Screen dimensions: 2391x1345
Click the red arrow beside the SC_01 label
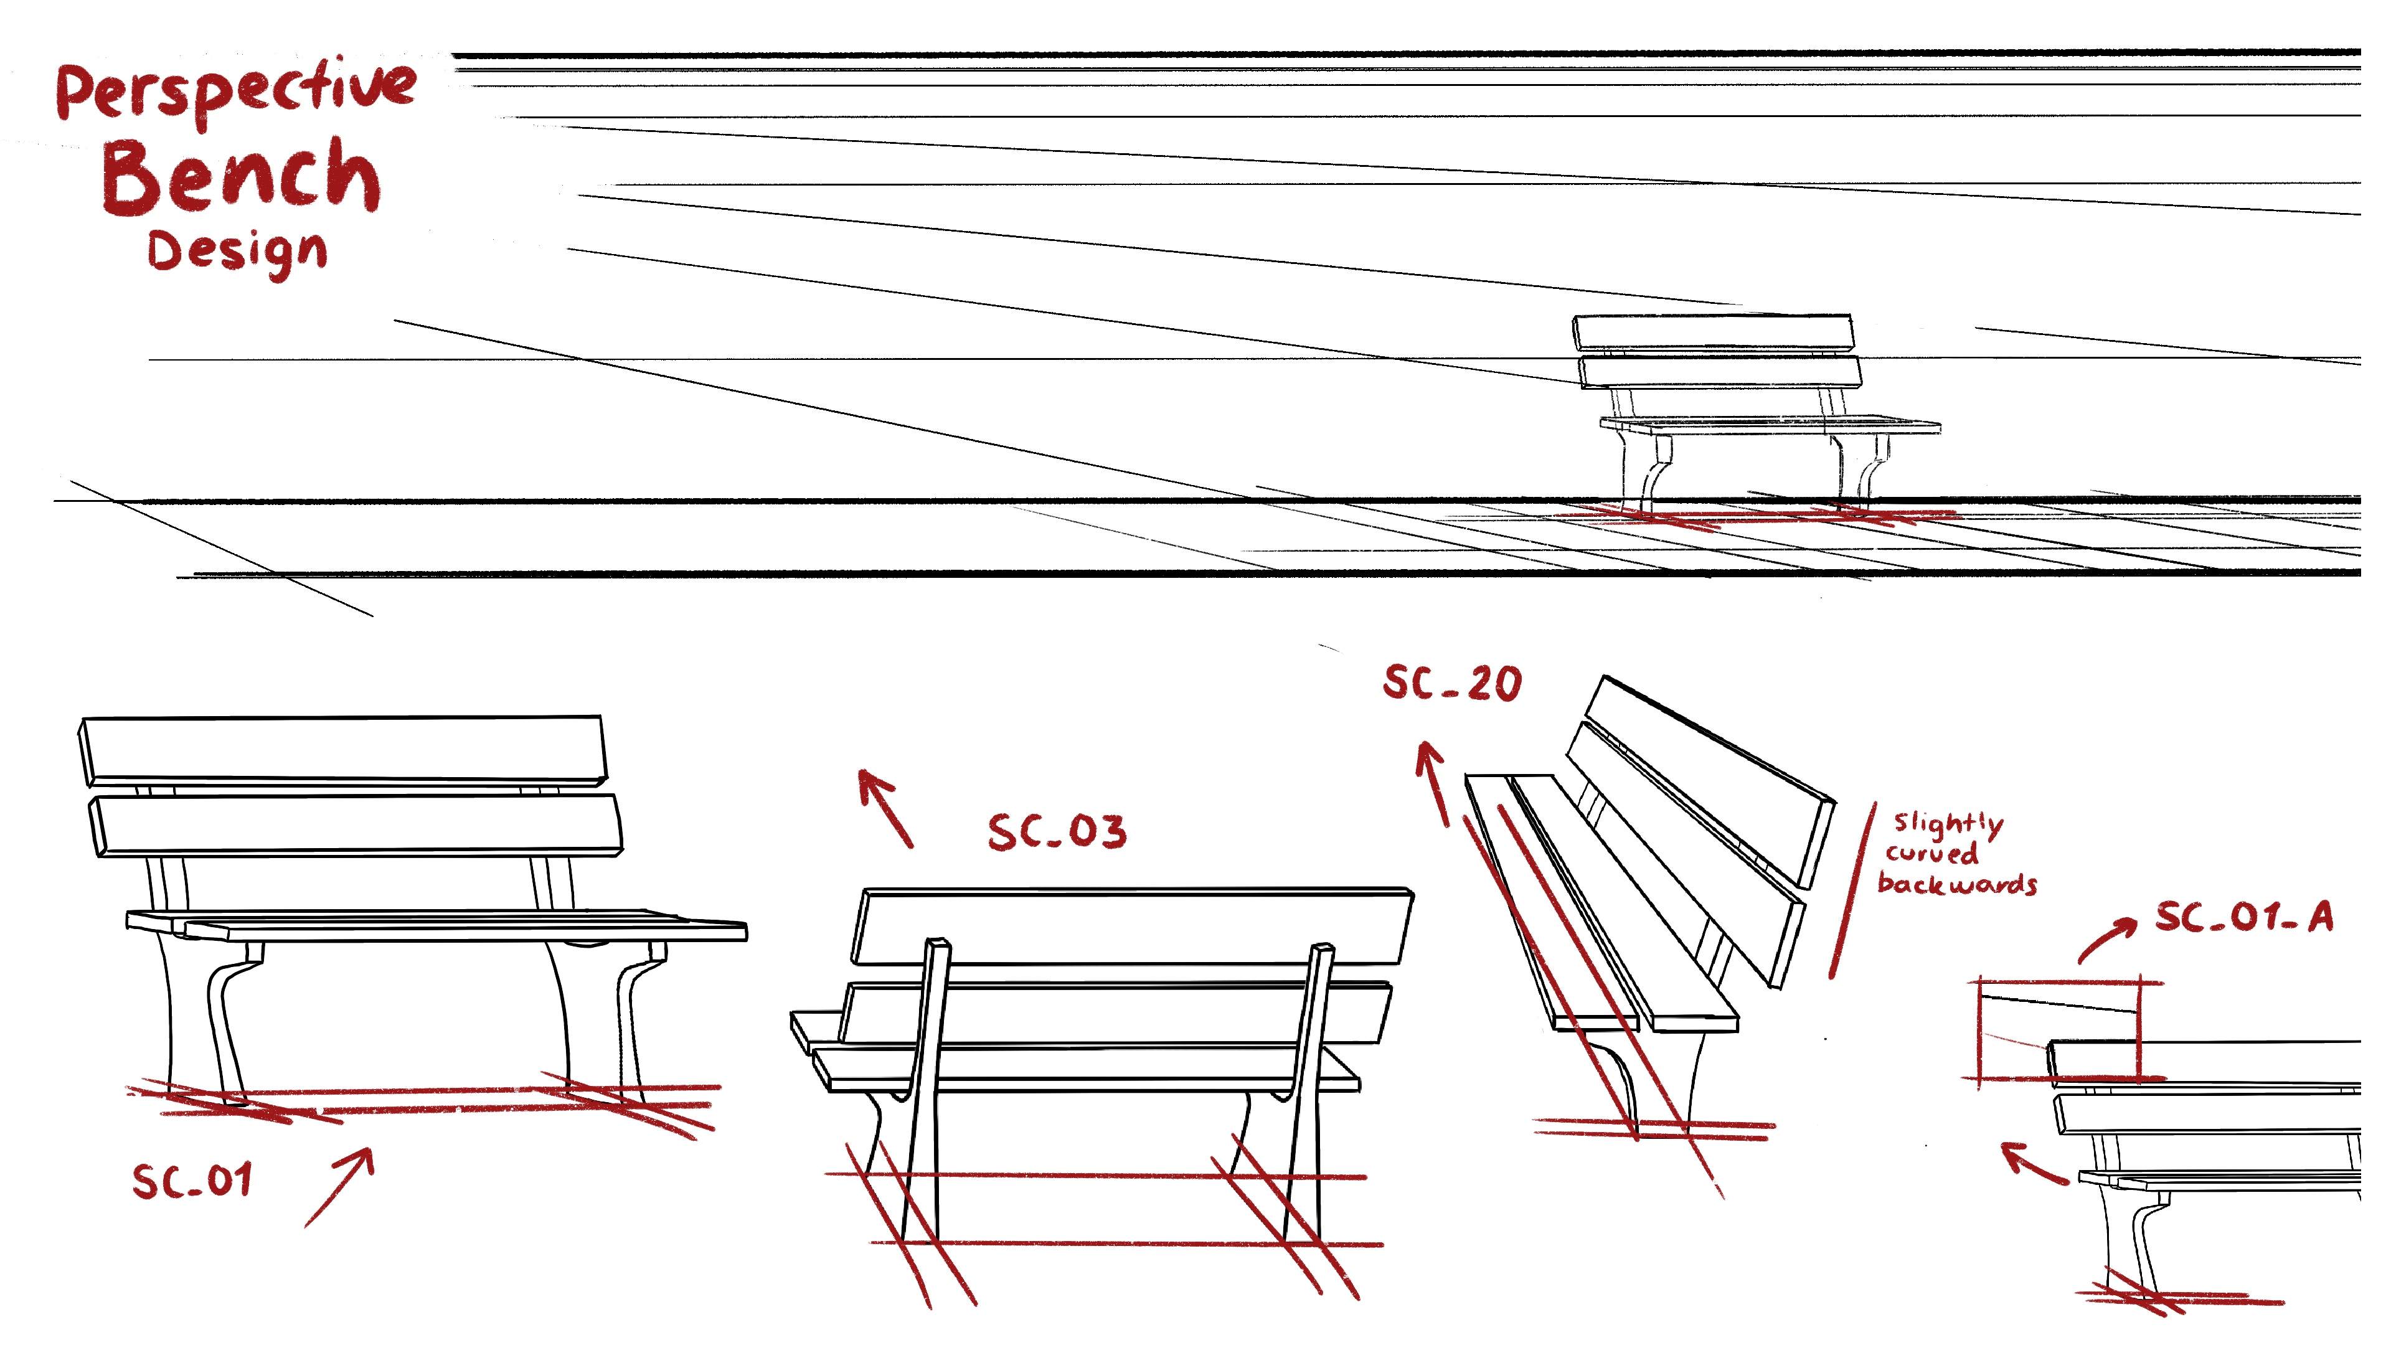point(340,1186)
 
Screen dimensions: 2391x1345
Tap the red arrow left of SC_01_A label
point(2033,1164)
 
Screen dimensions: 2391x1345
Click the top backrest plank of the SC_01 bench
point(344,749)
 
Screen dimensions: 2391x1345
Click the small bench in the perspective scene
point(1745,408)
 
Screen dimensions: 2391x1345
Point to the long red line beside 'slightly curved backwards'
point(1852,891)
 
